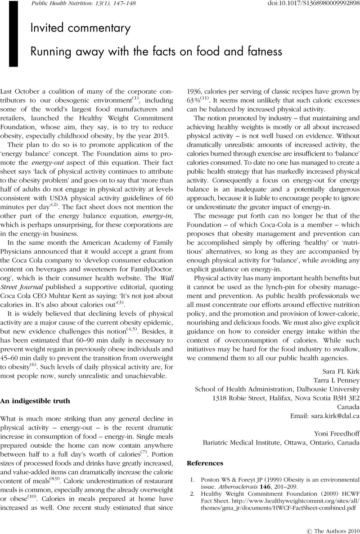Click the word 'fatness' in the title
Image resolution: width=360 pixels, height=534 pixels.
(x=263, y=52)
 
